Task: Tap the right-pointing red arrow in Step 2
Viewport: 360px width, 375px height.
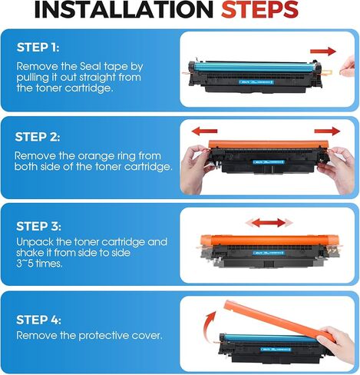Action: pyautogui.click(x=325, y=130)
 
